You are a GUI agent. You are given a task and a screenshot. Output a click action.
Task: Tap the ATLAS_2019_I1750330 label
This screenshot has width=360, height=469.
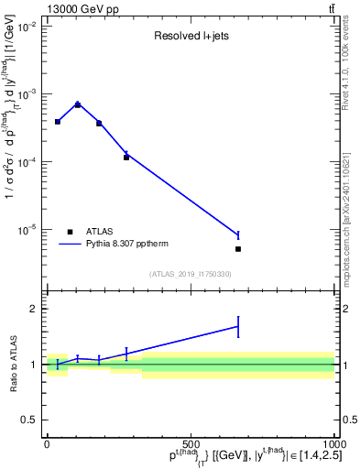click(x=190, y=274)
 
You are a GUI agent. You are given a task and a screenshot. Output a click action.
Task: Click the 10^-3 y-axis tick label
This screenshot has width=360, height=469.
click(x=27, y=94)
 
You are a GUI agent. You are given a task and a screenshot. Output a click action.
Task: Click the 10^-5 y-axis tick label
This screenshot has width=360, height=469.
click(x=27, y=229)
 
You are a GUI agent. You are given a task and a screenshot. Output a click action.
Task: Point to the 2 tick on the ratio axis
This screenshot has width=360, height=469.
click(x=35, y=309)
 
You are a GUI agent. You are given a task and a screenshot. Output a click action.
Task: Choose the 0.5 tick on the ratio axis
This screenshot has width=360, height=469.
click(x=31, y=420)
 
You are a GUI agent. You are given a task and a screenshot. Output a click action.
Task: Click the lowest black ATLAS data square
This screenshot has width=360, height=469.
click(x=238, y=249)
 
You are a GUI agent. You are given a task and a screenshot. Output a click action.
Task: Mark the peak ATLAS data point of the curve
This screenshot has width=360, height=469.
click(x=78, y=105)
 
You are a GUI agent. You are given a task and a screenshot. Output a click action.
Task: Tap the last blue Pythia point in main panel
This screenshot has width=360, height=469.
click(x=238, y=235)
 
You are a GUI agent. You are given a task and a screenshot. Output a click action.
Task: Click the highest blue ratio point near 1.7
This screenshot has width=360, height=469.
click(x=238, y=326)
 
